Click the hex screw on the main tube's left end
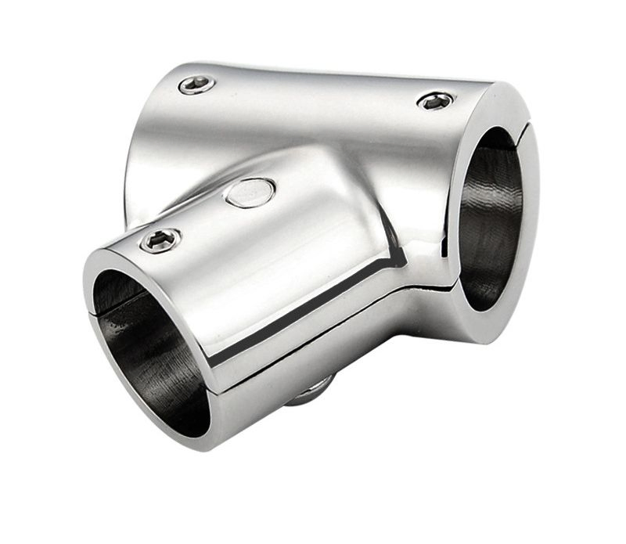click(x=195, y=84)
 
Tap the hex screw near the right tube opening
click(x=435, y=100)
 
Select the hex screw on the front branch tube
click(x=160, y=240)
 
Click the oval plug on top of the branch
click(x=250, y=191)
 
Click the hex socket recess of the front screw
click(x=160, y=240)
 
